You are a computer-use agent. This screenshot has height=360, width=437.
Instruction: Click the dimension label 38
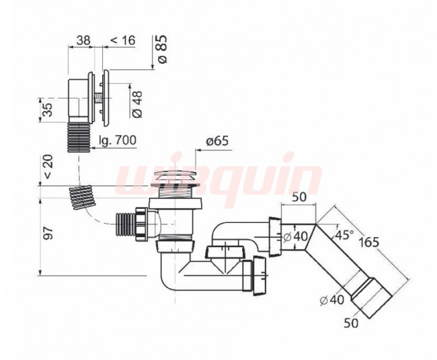[x=83, y=40]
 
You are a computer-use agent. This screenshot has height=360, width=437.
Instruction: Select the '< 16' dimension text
[x=123, y=40]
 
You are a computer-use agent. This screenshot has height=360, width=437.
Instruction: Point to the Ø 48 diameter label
[x=137, y=103]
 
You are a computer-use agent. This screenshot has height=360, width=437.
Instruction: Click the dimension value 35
[x=47, y=109]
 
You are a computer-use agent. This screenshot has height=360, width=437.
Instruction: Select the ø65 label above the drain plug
[x=217, y=141]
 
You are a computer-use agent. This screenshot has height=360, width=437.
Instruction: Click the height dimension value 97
[x=48, y=233]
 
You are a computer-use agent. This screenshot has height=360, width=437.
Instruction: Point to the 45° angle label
[x=344, y=234]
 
